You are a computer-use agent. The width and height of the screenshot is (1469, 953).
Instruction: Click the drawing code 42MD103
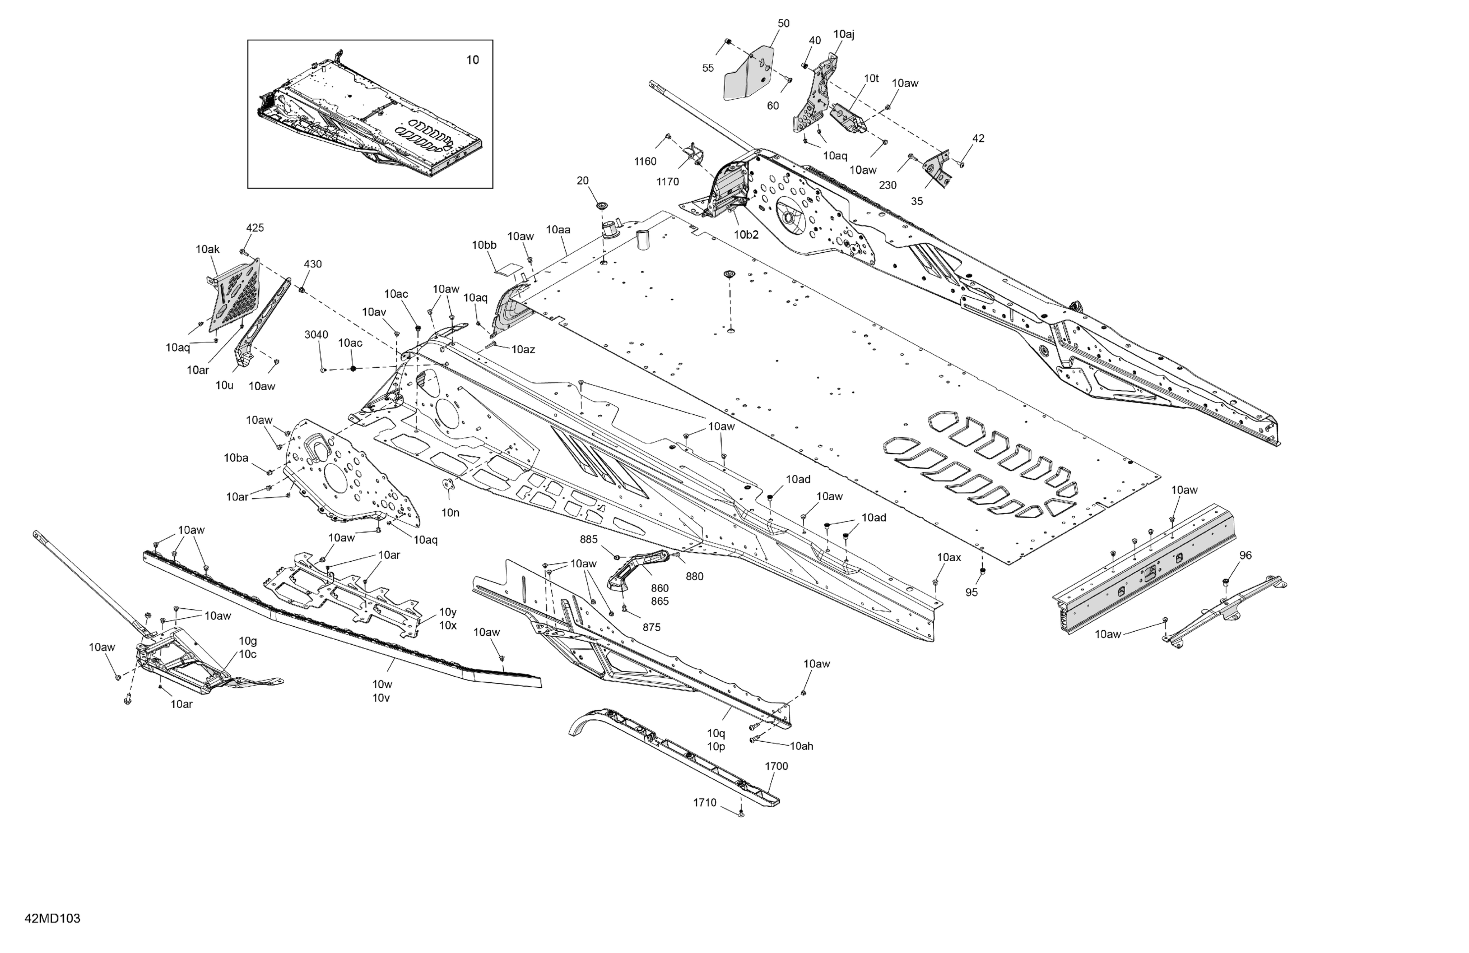pyautogui.click(x=53, y=918)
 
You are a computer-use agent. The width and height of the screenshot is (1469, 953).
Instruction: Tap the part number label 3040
pyautogui.click(x=316, y=335)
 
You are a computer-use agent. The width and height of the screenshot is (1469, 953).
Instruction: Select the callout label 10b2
pyautogui.click(x=746, y=235)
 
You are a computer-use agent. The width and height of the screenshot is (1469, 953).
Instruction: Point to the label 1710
pyautogui.click(x=704, y=802)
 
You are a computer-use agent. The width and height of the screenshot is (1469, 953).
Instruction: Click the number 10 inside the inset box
pyautogui.click(x=472, y=60)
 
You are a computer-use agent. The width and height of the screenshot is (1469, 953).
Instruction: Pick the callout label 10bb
pyautogui.click(x=484, y=245)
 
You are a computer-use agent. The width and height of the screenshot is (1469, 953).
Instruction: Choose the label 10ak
pyautogui.click(x=207, y=249)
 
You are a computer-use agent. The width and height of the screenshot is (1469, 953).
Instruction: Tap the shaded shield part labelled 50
pyautogui.click(x=749, y=74)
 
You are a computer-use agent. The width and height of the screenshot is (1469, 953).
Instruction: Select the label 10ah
pyautogui.click(x=801, y=746)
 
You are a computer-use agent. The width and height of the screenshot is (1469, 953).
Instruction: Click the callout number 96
pyautogui.click(x=1245, y=555)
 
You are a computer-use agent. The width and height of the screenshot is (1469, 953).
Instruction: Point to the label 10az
pyautogui.click(x=523, y=350)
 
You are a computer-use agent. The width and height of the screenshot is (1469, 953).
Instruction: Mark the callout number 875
pyautogui.click(x=651, y=627)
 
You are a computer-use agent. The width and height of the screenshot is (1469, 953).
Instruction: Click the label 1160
pyautogui.click(x=645, y=162)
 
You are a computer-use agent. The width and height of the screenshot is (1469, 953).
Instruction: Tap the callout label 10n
pyautogui.click(x=450, y=512)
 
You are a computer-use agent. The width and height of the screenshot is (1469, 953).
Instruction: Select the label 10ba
pyautogui.click(x=236, y=458)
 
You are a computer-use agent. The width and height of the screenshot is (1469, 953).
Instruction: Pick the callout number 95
pyautogui.click(x=971, y=593)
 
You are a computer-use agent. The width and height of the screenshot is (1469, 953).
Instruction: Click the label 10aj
pyautogui.click(x=843, y=35)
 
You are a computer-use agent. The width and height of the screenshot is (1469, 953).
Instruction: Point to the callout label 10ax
pyautogui.click(x=949, y=557)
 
